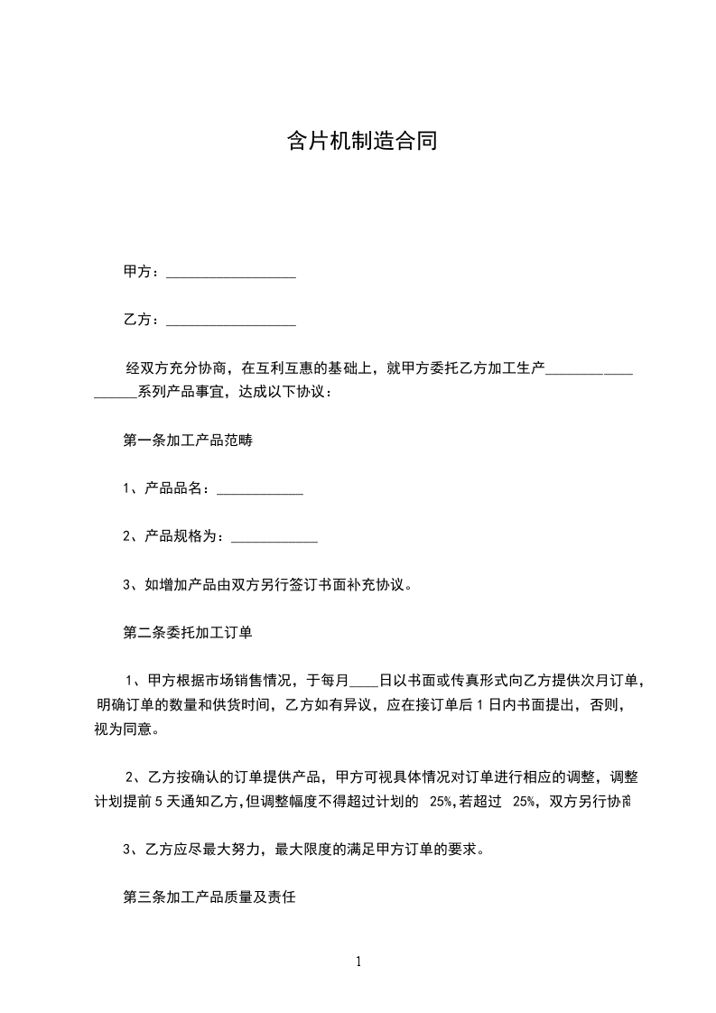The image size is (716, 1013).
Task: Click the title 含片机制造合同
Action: point(362,141)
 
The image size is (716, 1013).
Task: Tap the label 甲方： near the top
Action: point(142,272)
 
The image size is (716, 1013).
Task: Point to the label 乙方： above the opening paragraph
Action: point(142,320)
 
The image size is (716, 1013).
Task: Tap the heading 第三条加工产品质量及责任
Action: point(209,898)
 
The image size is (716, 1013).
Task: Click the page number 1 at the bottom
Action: point(358,962)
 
